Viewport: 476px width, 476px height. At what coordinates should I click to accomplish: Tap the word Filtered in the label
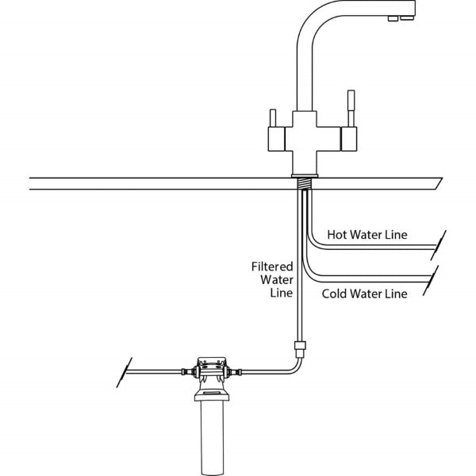coord(272,267)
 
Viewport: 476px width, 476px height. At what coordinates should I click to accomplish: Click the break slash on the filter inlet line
coord(123,371)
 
